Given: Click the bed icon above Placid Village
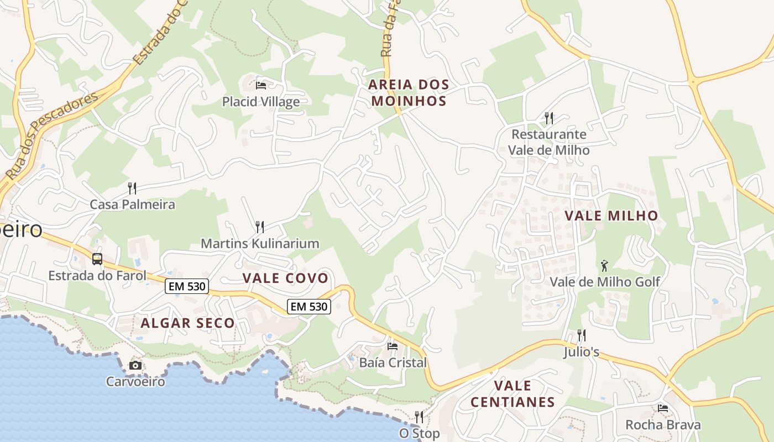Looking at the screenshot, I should [x=261, y=86].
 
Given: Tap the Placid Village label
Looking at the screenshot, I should [x=261, y=102].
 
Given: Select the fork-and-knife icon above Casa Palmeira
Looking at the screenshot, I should [x=132, y=188].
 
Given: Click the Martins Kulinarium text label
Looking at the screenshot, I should [x=260, y=243].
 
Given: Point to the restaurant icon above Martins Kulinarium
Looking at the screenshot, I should [x=259, y=227].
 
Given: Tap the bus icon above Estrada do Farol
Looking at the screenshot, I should [x=97, y=259].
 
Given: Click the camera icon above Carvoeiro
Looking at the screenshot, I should [x=135, y=365].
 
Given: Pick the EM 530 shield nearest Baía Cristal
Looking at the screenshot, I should [x=308, y=306].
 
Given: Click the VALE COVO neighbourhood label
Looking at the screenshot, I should [x=285, y=278].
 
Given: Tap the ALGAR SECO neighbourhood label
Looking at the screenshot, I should [x=188, y=323].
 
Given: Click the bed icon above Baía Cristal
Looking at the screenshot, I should [x=393, y=346].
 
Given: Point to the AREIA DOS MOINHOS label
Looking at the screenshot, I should [x=409, y=93].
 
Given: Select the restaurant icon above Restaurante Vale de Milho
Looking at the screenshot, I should [x=548, y=118].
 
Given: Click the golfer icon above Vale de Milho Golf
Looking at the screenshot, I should [x=604, y=266].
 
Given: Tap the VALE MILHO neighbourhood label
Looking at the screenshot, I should [x=611, y=215].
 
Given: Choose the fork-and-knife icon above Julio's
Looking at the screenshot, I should [x=581, y=335].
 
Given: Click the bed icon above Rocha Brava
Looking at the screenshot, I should [x=663, y=408].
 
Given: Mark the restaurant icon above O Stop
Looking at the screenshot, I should [x=419, y=417].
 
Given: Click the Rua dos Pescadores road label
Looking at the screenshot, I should [x=53, y=135].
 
